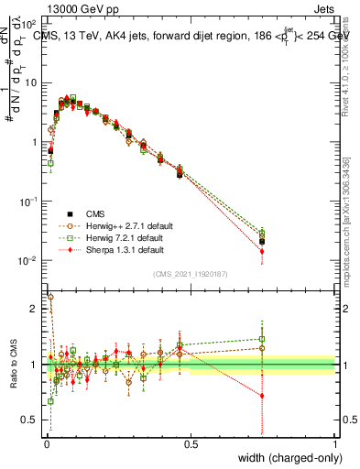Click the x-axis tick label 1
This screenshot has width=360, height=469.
coord(335,444)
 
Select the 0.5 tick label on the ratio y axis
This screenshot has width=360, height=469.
coord(30,420)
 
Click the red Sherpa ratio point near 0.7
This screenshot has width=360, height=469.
coord(263,396)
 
